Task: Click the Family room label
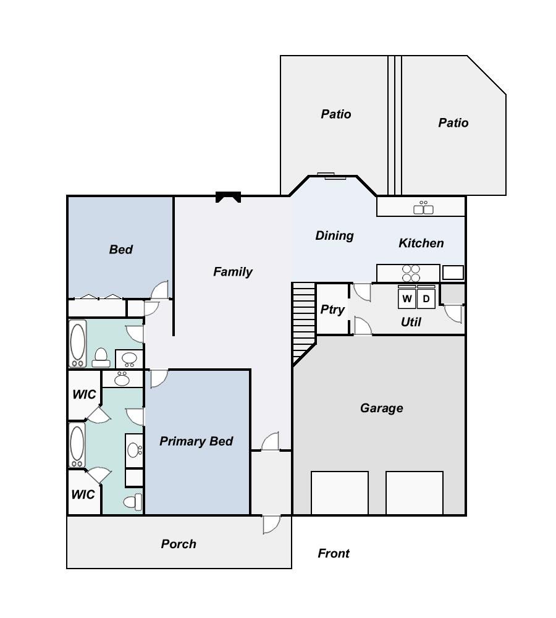click(x=233, y=272)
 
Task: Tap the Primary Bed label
click(x=196, y=441)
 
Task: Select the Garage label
click(x=381, y=408)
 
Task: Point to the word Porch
click(x=179, y=544)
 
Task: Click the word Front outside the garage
click(x=334, y=554)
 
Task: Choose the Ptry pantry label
click(x=332, y=310)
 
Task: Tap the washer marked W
click(x=407, y=298)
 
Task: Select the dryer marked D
click(x=426, y=298)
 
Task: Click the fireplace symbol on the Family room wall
click(x=227, y=197)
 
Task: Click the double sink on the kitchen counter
click(x=423, y=208)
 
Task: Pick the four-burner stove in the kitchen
click(x=411, y=273)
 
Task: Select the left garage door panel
click(x=340, y=493)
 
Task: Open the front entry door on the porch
click(x=271, y=523)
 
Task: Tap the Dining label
click(x=334, y=235)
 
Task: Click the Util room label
click(x=411, y=322)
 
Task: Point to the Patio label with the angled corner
click(x=453, y=123)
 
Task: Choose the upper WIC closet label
click(x=83, y=394)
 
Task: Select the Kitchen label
click(x=421, y=243)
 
